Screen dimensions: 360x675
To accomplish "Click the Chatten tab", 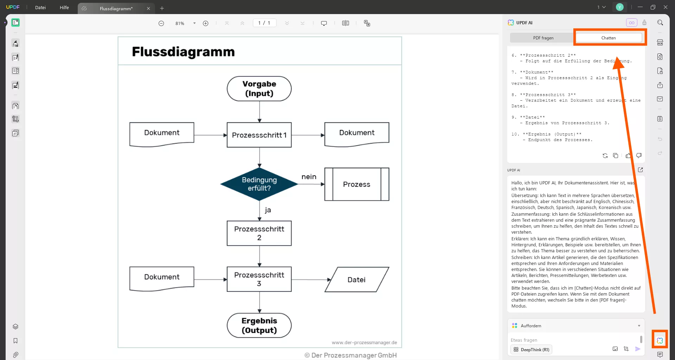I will pos(609,38).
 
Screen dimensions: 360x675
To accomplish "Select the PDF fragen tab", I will pos(543,38).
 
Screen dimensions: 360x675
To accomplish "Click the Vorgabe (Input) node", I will pos(259,89).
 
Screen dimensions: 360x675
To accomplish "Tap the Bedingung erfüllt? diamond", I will pos(259,184).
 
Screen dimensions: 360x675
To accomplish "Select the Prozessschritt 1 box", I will pos(259,135).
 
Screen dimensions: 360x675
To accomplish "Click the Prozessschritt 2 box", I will pos(259,233).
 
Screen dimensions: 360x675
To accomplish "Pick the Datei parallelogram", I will pos(357,280).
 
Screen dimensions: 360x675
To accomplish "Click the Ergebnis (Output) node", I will pos(259,326).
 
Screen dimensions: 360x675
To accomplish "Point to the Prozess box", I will pos(357,184).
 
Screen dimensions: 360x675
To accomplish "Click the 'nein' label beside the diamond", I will pos(309,177).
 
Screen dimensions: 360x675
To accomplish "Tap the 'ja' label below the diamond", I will pos(268,210).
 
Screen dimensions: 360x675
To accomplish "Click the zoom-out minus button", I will pos(161,23).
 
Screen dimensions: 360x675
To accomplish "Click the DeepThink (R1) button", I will pos(531,349).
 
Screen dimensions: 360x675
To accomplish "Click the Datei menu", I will pos(40,7).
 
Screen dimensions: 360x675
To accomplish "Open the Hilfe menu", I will pos(64,7).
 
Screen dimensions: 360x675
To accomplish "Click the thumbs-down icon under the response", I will pos(639,156).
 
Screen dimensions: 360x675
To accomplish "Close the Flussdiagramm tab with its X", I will pos(148,8).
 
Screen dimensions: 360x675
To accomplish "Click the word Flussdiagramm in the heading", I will pos(183,52).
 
